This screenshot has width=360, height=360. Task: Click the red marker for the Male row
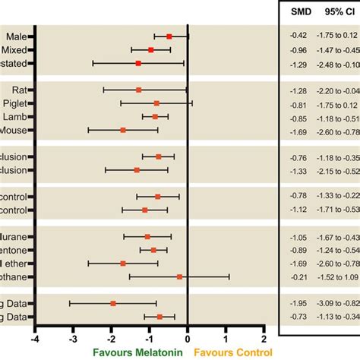coord(169,36)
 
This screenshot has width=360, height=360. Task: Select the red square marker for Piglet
coord(156,103)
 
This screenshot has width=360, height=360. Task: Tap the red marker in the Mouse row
coord(123,130)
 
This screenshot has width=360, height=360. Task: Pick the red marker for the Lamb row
coord(155,117)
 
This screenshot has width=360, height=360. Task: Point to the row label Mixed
coord(16,49)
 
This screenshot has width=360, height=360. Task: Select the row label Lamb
coord(16,117)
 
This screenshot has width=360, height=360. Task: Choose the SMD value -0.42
coord(298,36)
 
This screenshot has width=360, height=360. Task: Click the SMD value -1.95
coord(298,303)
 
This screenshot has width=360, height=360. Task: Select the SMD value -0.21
coord(298,276)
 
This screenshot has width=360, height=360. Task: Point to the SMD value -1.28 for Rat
coord(298,90)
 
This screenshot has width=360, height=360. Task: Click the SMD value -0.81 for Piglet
coord(298,104)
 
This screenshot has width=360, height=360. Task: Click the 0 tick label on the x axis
coord(188,337)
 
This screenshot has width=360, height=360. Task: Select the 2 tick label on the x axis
coord(264,337)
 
